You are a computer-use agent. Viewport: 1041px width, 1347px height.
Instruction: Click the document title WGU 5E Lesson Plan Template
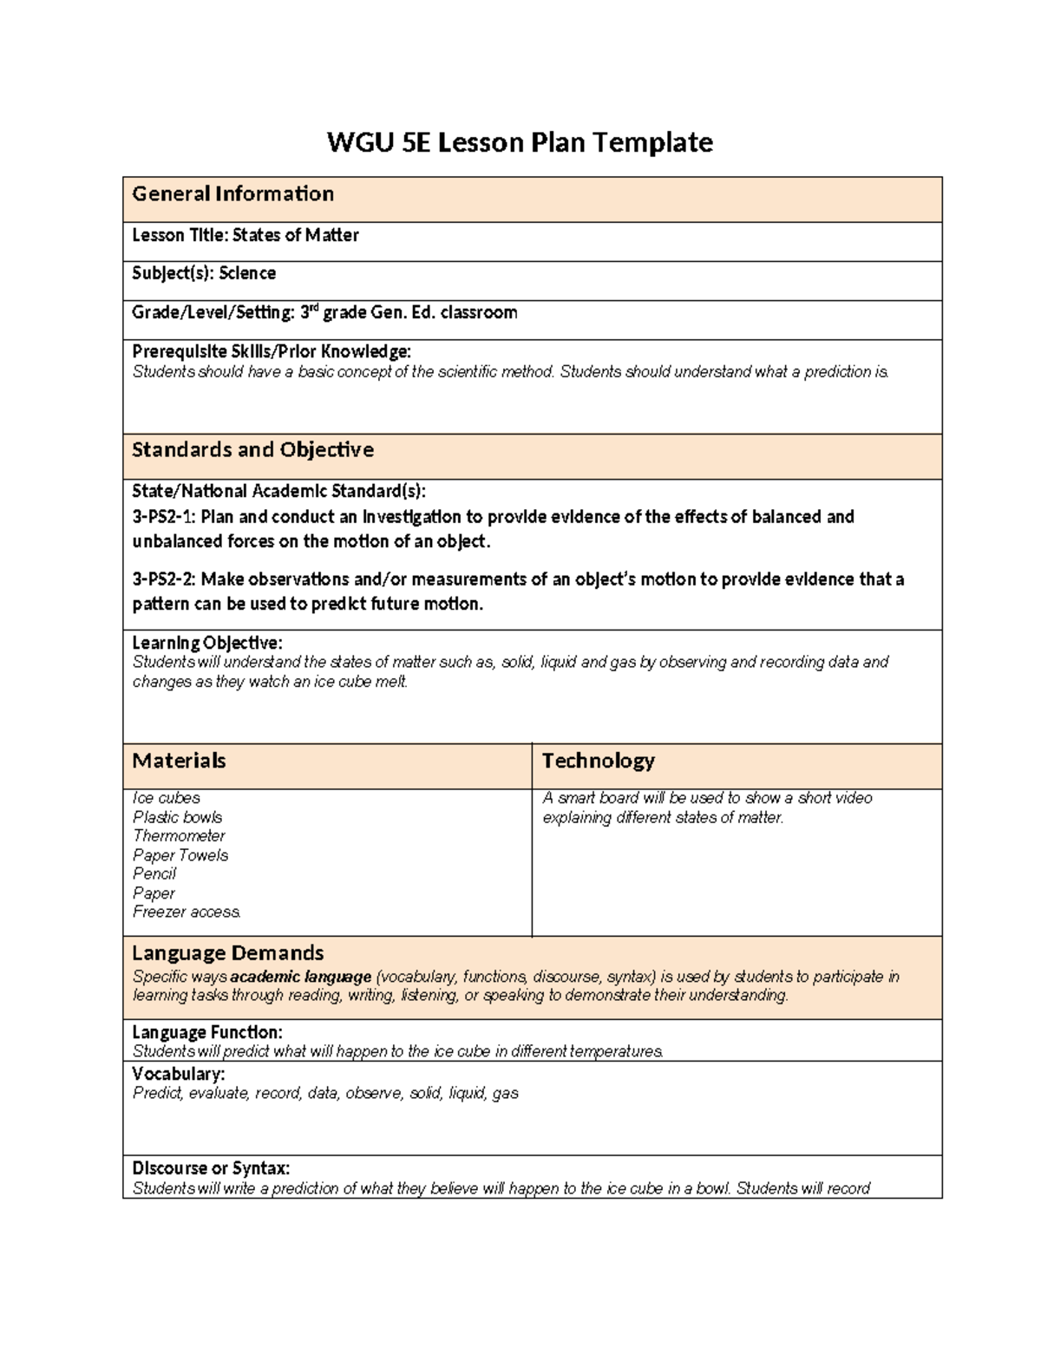coord(520,142)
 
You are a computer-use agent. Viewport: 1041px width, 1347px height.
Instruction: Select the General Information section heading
coord(232,194)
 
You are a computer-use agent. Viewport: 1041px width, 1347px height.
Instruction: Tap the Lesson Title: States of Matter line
coord(245,235)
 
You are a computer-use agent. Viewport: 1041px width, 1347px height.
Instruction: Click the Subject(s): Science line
coord(204,273)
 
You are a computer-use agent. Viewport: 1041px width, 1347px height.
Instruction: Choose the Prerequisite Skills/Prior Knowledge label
coord(271,351)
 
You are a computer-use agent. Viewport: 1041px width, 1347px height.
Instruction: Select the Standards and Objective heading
coord(252,450)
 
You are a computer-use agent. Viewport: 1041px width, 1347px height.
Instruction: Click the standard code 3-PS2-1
coord(163,517)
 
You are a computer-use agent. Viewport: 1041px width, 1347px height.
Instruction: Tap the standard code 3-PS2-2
coord(163,579)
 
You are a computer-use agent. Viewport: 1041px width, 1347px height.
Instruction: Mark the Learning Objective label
coord(206,643)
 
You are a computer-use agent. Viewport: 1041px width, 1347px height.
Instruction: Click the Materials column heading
coord(179,762)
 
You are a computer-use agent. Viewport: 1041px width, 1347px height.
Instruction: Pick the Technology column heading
coord(598,762)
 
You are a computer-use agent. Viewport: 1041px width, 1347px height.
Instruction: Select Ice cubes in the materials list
coord(166,798)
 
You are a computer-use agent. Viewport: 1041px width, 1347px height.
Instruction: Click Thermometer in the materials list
coord(179,836)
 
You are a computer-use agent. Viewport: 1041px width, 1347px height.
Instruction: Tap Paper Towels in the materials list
coord(180,855)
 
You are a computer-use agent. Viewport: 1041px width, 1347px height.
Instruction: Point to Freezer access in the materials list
coord(186,912)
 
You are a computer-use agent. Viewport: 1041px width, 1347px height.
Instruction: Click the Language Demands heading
coord(227,954)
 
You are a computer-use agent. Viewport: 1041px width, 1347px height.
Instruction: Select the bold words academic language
coord(300,977)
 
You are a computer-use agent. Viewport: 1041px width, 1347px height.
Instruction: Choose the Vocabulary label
coord(178,1074)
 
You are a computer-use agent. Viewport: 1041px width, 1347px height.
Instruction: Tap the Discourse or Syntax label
coord(211,1168)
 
